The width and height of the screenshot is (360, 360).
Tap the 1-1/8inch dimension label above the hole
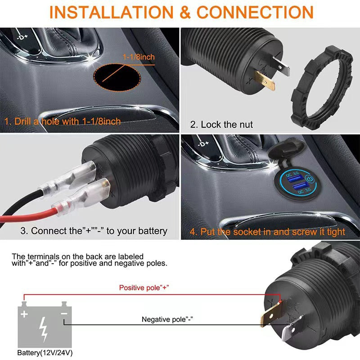pyautogui.click(x=139, y=57)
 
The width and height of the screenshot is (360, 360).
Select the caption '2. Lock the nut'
pyautogui.click(x=221, y=125)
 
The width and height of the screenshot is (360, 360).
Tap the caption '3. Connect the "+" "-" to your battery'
pyautogui.click(x=94, y=231)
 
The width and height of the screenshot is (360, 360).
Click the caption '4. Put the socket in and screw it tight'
pyautogui.click(x=267, y=232)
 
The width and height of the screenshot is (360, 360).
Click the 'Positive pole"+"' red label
pyautogui.click(x=144, y=287)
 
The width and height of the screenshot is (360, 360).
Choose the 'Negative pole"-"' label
pyautogui.click(x=171, y=319)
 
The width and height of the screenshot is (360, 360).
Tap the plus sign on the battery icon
pyautogui.click(x=24, y=313)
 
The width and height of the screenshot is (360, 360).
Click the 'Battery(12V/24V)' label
pyautogui.click(x=45, y=352)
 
